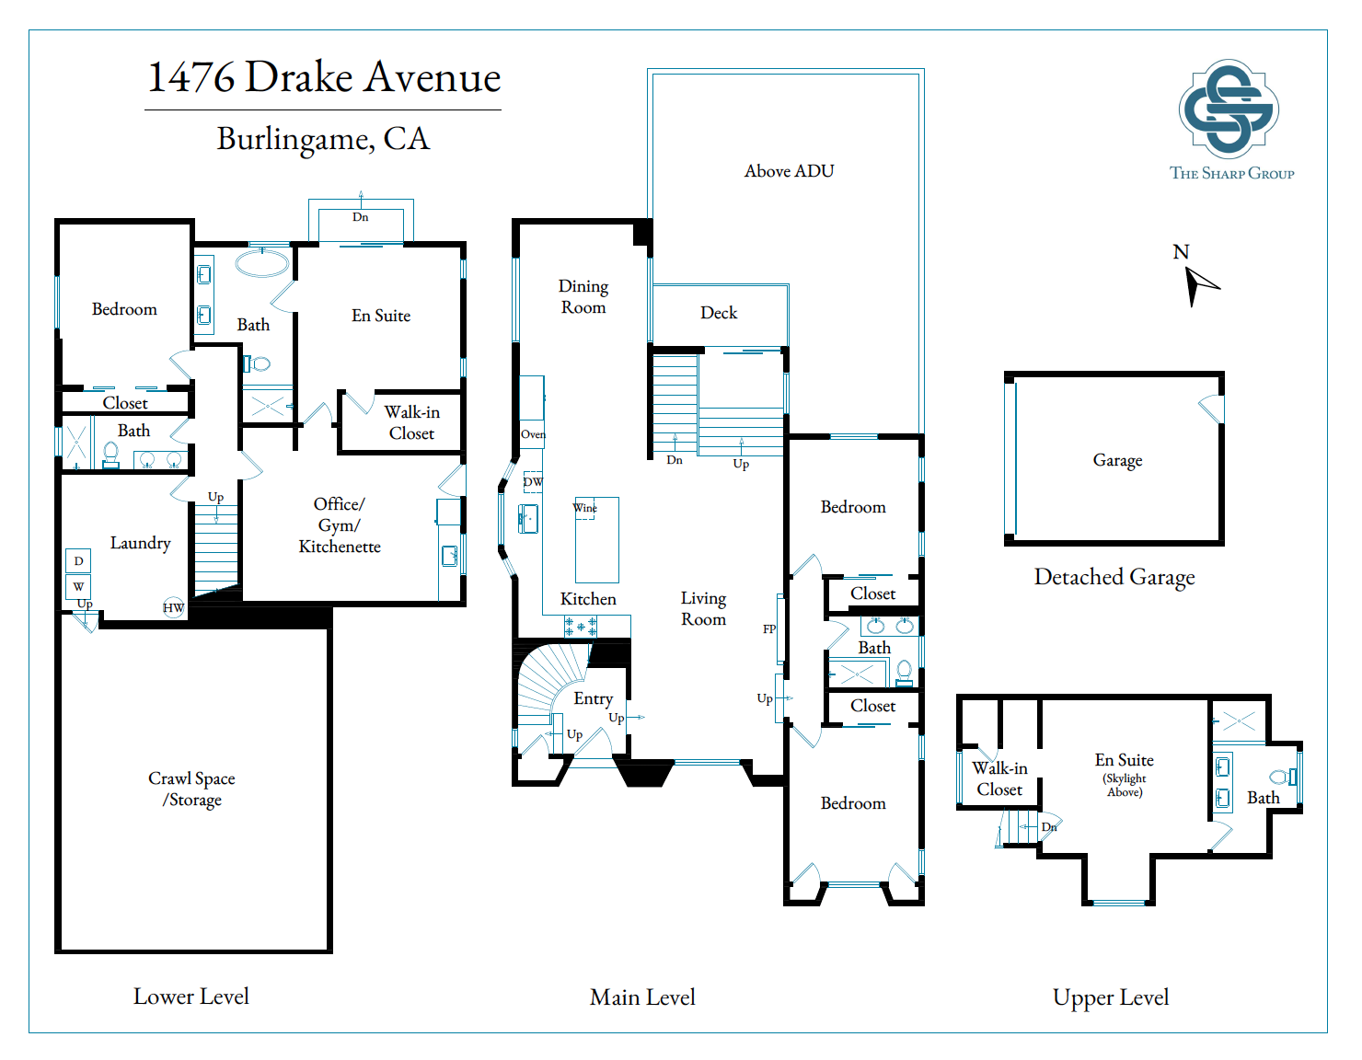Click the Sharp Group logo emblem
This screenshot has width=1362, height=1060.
pos(1229,109)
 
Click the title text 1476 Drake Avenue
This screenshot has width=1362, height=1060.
pos(324,77)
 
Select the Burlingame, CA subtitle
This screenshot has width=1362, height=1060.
pos(323,139)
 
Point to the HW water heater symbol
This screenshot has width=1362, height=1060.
pos(173,607)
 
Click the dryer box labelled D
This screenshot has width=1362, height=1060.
pos(78,560)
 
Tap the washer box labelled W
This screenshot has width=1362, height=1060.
pos(78,586)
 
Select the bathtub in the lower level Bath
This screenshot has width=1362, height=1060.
pos(262,264)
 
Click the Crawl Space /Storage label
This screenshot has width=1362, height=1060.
pos(191,789)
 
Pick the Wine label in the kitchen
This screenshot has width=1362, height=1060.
pos(584,508)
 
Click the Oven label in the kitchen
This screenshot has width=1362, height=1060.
pos(533,434)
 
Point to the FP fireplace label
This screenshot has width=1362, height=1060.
pos(769,629)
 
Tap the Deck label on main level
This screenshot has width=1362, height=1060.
pos(719,313)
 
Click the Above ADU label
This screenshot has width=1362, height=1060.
pos(789,171)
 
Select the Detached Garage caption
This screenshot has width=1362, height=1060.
pos(1114,577)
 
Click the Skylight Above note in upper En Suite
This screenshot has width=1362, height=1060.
pos(1125,785)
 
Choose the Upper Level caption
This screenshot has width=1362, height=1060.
pos(1110,997)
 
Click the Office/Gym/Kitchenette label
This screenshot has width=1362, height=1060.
pos(339,525)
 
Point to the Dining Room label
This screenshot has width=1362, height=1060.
pos(583,296)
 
